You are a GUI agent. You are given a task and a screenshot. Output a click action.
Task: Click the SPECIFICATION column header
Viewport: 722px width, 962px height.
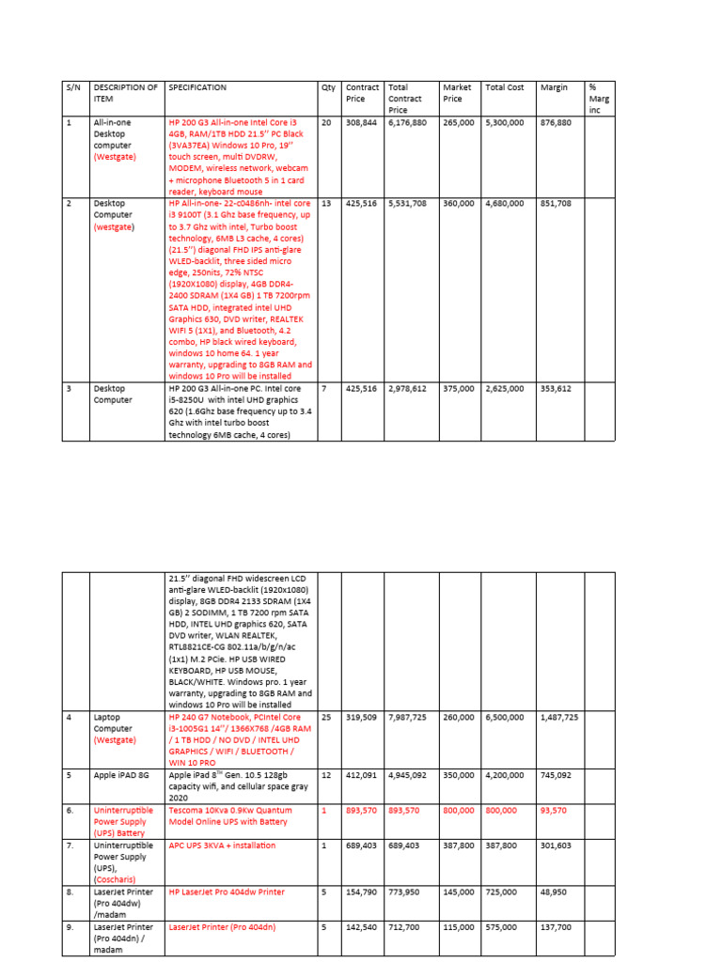[x=197, y=87]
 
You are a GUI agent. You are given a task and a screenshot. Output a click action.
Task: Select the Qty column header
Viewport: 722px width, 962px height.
[x=328, y=87]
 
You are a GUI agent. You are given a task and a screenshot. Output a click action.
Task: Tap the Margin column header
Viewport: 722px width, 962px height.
[x=554, y=87]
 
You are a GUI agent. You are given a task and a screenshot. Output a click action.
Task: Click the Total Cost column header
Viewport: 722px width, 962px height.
[x=504, y=87]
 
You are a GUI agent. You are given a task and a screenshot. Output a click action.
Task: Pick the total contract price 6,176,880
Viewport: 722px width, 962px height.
[x=407, y=122]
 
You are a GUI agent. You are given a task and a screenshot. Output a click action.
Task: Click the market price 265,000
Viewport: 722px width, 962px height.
[x=458, y=122]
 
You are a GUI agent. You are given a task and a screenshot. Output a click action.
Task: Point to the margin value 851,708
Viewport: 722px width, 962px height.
[x=557, y=203]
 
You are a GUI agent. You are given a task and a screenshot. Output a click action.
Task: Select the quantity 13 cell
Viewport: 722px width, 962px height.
[x=325, y=203]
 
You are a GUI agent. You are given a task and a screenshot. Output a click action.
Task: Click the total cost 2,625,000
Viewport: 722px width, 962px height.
[x=505, y=387]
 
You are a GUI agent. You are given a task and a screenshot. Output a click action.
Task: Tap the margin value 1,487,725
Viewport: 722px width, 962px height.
[x=559, y=717]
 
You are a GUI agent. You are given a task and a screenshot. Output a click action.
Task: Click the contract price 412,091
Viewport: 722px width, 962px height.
[x=362, y=775]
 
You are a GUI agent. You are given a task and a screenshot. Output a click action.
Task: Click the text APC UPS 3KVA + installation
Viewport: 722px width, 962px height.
[x=222, y=846]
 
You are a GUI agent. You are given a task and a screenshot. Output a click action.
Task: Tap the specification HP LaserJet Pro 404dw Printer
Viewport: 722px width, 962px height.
[x=226, y=892]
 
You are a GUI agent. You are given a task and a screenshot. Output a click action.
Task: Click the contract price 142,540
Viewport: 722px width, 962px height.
[x=362, y=926]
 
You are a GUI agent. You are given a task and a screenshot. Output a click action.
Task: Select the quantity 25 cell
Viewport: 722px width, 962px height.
[x=325, y=717]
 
